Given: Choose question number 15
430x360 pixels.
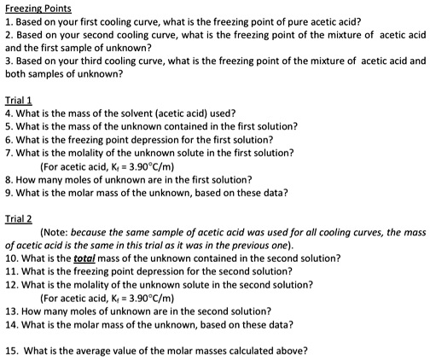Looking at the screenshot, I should [x=10, y=350].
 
